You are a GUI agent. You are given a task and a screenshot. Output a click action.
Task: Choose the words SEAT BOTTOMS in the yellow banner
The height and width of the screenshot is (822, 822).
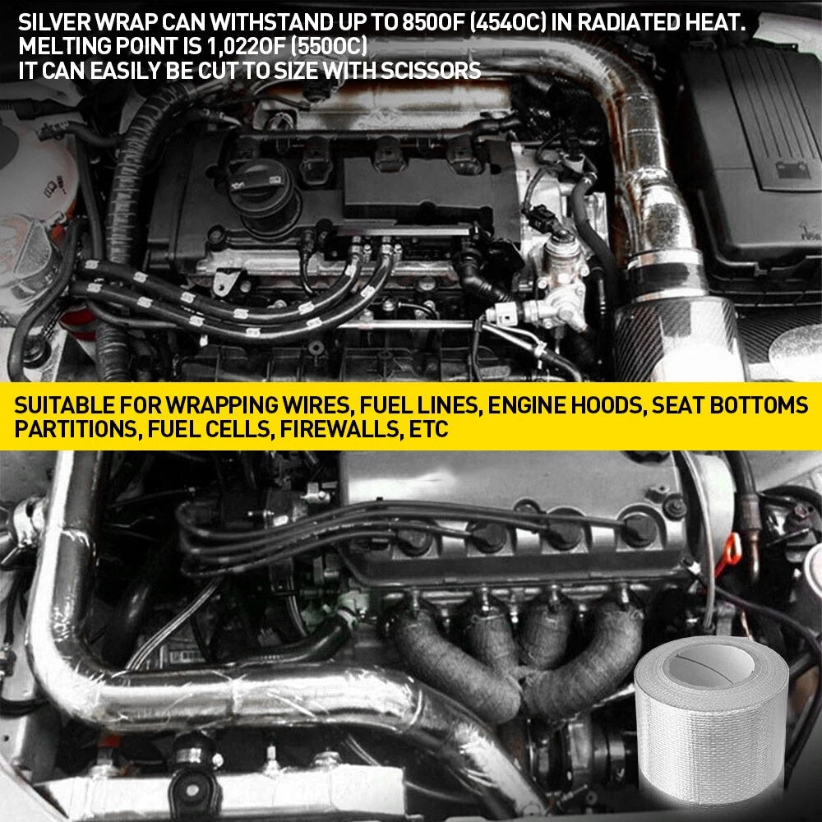pos(729,405)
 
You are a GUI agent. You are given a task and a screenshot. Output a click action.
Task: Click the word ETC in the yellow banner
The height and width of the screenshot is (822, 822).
pos(428,429)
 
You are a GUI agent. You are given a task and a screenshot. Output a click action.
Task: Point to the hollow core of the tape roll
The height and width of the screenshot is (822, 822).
pos(711,664)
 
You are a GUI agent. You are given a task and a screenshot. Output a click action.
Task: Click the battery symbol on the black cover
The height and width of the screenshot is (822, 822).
pos(792,170)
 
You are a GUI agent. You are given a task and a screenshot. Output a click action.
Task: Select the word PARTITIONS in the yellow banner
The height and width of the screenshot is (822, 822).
pos(76,429)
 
